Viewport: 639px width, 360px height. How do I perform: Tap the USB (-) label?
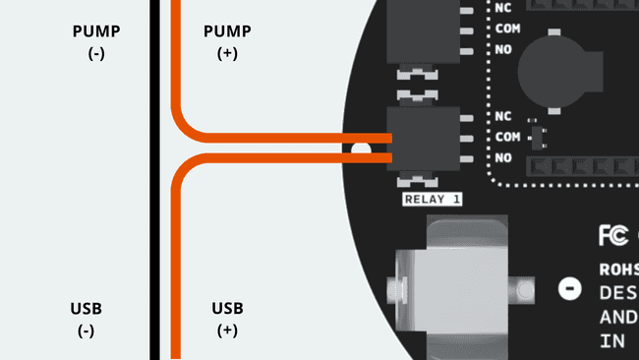(x=87, y=320)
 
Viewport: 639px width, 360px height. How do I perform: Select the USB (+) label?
(x=227, y=320)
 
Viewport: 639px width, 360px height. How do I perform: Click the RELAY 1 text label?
(x=433, y=200)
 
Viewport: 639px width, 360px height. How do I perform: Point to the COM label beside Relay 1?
(x=508, y=137)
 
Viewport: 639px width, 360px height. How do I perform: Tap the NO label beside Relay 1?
(x=503, y=157)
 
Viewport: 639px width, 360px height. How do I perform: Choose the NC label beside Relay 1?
(x=503, y=116)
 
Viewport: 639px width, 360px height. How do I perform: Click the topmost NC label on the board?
(x=503, y=8)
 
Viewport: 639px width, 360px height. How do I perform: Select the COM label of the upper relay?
(x=508, y=28)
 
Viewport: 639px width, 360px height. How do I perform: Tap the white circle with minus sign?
(x=567, y=289)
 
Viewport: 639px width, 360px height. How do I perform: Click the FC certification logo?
(x=610, y=236)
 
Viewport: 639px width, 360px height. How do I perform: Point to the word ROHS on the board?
(x=619, y=269)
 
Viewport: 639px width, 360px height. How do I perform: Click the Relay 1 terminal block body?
(x=424, y=138)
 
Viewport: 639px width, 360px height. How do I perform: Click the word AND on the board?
(x=617, y=317)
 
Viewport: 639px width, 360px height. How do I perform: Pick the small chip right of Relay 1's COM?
(x=536, y=135)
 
